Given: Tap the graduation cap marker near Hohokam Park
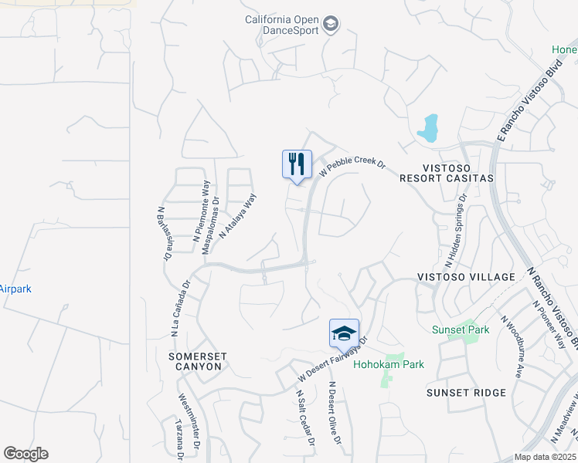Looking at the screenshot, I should click(344, 333).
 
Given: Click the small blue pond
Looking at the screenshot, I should click(427, 129).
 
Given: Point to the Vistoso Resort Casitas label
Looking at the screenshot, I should click(447, 172).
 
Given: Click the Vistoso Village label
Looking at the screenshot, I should click(466, 277).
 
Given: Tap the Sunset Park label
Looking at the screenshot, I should click(461, 330).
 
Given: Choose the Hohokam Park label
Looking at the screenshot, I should click(389, 364).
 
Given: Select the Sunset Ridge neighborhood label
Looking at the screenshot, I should click(466, 393).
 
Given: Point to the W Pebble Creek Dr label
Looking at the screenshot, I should click(352, 164).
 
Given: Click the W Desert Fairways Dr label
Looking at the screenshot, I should click(333, 360).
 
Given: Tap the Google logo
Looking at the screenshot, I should click(25, 454).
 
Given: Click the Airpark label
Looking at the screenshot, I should click(15, 289).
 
